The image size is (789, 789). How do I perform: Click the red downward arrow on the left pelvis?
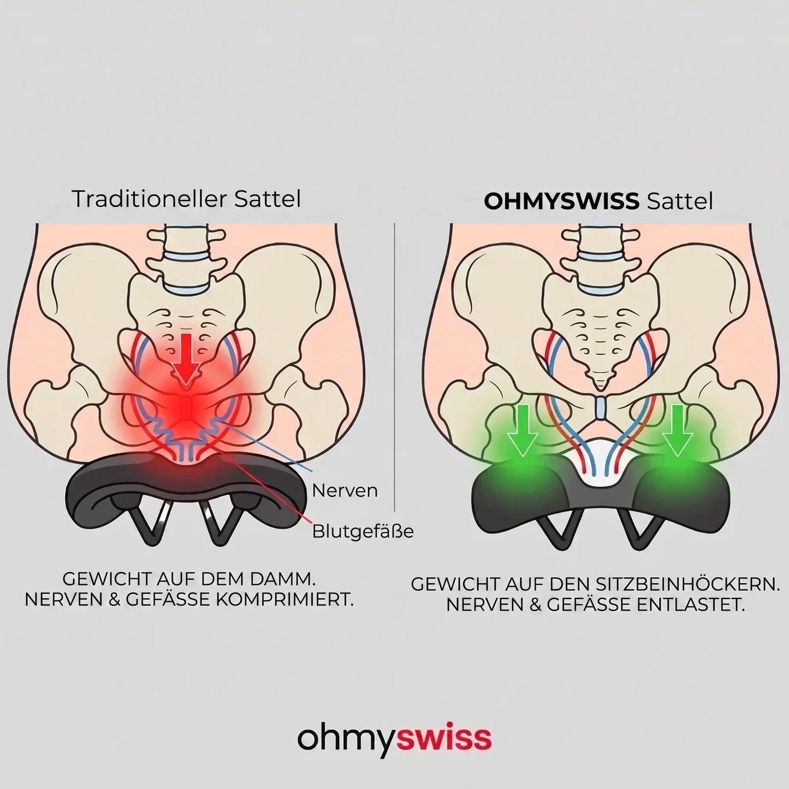pyautogui.click(x=186, y=360)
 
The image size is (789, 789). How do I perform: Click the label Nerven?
pyautogui.click(x=345, y=490)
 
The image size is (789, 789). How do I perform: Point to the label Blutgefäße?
pyautogui.click(x=363, y=531)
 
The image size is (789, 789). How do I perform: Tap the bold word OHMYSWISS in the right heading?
pyautogui.click(x=561, y=201)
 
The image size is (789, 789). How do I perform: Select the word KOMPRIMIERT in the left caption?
pyautogui.click(x=283, y=600)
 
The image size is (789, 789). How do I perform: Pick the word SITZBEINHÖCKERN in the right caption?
pyautogui.click(x=687, y=584)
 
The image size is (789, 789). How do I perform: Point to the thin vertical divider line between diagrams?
pyautogui.click(x=395, y=367)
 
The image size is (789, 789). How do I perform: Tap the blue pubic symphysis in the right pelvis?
pyautogui.click(x=600, y=407)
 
